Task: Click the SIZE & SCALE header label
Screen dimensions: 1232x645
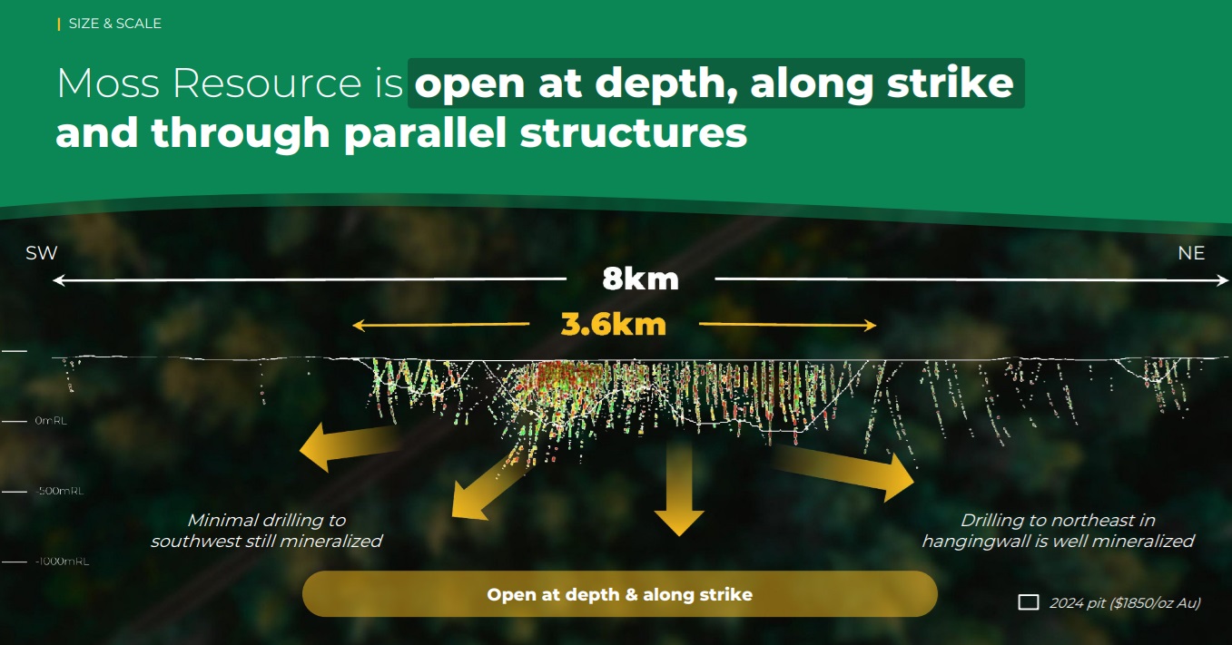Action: click(x=115, y=24)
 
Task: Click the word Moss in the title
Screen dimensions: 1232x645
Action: click(x=108, y=83)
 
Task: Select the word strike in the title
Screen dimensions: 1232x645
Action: click(x=951, y=83)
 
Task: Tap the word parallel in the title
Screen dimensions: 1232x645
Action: click(x=425, y=133)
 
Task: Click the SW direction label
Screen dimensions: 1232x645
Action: click(x=42, y=253)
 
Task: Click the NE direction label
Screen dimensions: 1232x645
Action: click(x=1191, y=253)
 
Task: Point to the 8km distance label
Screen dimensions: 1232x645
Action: click(x=640, y=279)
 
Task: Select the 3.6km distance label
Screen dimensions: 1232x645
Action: click(x=613, y=324)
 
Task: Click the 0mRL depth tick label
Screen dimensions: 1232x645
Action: click(x=51, y=421)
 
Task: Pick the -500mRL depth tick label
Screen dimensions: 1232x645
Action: click(x=59, y=491)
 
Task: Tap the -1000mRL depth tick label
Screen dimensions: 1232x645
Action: click(x=62, y=562)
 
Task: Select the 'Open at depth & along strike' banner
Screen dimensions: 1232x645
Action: click(x=620, y=594)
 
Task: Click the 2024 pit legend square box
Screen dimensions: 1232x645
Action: click(x=1029, y=602)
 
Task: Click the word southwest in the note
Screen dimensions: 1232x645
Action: click(x=194, y=542)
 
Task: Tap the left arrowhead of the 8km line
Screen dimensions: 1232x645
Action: click(x=59, y=280)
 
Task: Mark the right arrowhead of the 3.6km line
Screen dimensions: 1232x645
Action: click(x=870, y=326)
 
